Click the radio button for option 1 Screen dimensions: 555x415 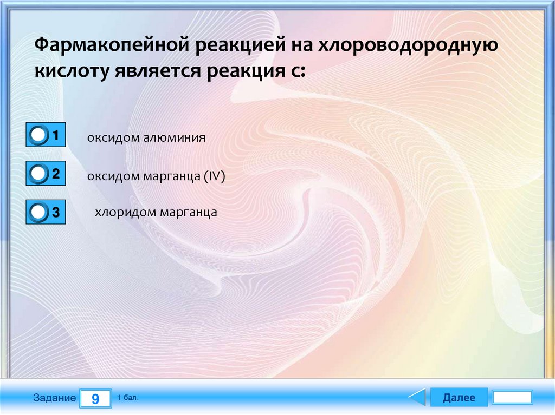(x=38, y=135)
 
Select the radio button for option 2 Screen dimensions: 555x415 (x=38, y=174)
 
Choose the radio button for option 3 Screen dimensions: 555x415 (x=38, y=212)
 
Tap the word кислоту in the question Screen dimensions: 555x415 (x=72, y=71)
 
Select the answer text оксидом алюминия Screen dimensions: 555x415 (x=146, y=137)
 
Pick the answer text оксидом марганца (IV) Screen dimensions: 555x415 (x=156, y=176)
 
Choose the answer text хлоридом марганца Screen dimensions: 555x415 (x=156, y=213)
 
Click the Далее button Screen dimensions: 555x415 (x=459, y=397)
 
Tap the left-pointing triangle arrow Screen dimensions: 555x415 (x=418, y=397)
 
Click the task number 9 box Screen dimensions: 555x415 (x=95, y=398)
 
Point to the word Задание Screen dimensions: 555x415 (x=55, y=398)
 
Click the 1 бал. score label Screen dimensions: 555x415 (x=128, y=398)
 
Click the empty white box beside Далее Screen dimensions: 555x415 (x=513, y=397)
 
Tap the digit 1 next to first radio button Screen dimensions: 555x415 (x=56, y=135)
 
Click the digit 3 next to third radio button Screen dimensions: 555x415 (x=56, y=212)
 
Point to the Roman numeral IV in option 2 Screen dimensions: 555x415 (x=215, y=176)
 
